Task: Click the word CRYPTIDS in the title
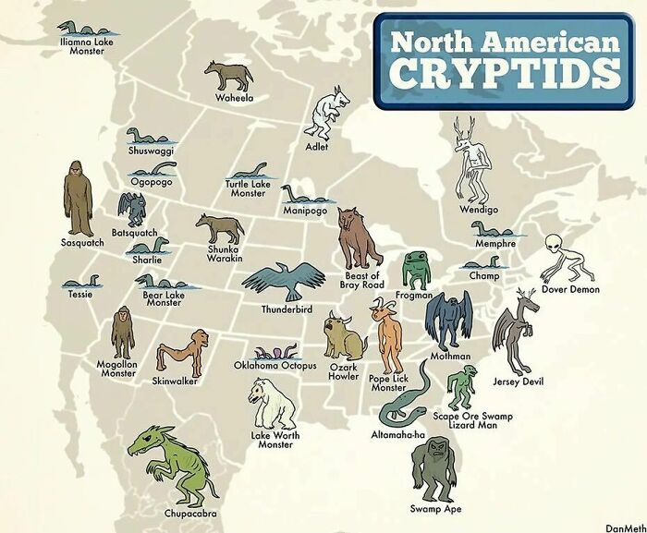503,73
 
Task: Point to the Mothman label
449,356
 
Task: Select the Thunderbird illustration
287,280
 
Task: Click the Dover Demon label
569,289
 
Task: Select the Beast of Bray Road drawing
359,237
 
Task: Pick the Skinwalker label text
175,381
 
